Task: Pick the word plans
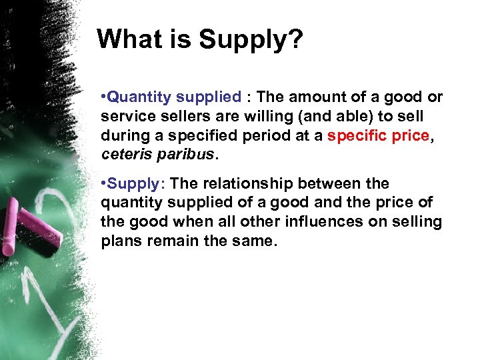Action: [121, 240]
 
